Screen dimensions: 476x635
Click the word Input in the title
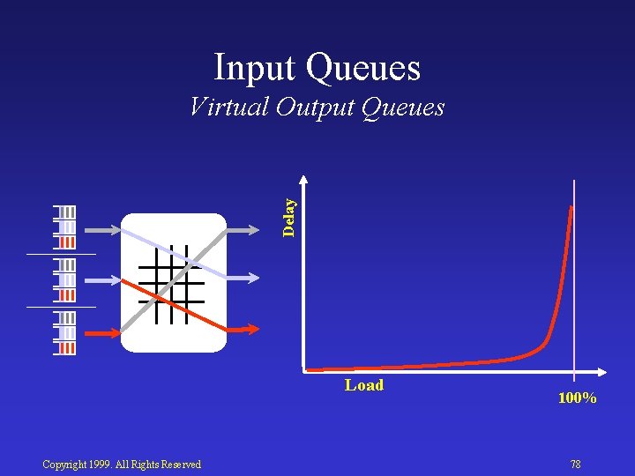[258, 68]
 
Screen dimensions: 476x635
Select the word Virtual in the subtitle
[228, 107]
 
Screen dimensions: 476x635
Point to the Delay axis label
[288, 217]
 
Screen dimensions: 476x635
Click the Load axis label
[364, 385]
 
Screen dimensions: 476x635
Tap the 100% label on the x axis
[577, 398]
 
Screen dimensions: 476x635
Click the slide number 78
[575, 465]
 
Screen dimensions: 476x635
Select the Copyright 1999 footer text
[122, 465]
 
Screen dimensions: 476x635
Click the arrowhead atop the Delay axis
[303, 182]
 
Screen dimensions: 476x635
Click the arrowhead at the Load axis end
[602, 368]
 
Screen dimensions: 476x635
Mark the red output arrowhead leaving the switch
[253, 329]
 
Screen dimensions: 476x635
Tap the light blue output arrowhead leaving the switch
[253, 278]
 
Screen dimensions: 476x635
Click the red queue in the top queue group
[68, 242]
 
